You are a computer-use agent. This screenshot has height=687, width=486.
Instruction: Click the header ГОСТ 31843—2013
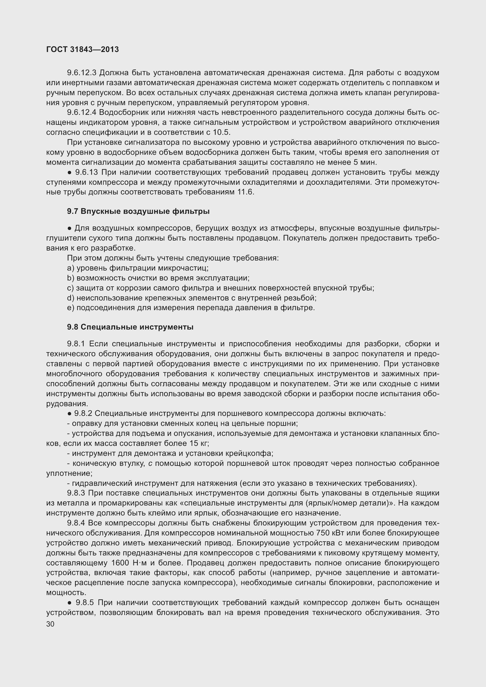(83, 50)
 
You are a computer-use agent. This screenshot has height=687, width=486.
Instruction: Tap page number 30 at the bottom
(50, 624)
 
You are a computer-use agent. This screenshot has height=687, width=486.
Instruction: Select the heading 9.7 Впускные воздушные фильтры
(138, 211)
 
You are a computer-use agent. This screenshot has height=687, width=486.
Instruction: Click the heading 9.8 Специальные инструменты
(130, 327)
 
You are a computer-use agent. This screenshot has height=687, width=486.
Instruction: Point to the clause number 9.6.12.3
(81, 73)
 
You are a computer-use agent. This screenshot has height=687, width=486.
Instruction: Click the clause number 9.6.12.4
(81, 112)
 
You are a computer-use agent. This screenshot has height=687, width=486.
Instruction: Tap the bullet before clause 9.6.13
(69, 172)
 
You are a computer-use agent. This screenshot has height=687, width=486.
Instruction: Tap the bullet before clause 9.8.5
(69, 603)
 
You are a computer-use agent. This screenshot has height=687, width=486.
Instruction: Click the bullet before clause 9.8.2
(69, 414)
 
